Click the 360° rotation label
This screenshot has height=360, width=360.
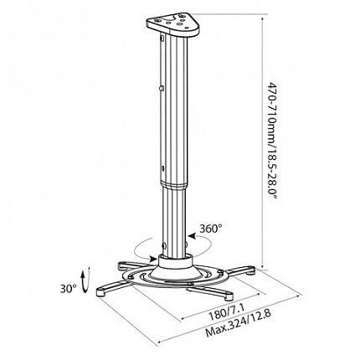click(211, 229)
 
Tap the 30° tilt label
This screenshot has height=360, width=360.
click(69, 288)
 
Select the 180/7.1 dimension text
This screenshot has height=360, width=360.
click(227, 313)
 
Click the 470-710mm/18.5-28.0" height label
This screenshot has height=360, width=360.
click(273, 141)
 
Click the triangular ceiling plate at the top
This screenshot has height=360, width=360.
click(173, 24)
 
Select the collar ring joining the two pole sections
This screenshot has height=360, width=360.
click(174, 185)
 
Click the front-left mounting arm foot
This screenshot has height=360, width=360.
click(101, 292)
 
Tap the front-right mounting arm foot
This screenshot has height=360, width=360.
click(229, 296)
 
